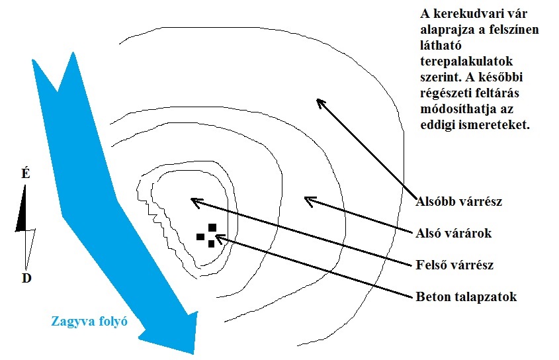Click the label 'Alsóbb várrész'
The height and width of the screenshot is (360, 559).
point(459,202)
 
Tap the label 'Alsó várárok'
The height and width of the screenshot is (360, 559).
point(453,234)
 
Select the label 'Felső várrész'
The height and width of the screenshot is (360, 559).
point(454,265)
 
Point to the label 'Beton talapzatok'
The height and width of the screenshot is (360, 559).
point(466,296)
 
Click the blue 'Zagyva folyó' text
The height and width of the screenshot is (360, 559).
point(89,322)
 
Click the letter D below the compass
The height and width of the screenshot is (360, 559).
point(26,278)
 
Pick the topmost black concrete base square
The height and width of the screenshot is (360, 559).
point(212,228)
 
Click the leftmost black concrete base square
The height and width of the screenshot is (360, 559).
point(200,236)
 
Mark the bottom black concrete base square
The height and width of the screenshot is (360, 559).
point(211,244)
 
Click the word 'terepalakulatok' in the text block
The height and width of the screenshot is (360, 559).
point(466,62)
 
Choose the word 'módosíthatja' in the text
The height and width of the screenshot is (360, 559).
point(458,109)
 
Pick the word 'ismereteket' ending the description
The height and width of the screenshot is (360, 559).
point(494,125)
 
